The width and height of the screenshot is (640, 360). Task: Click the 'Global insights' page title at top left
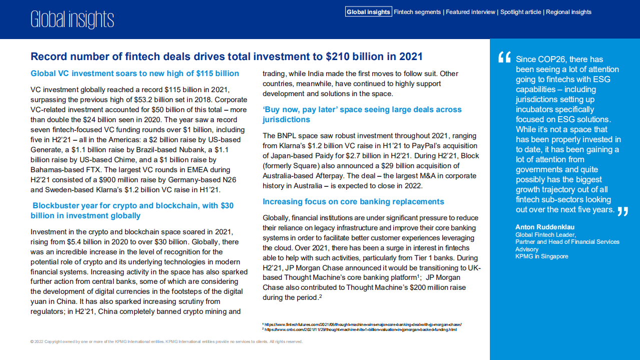(72, 20)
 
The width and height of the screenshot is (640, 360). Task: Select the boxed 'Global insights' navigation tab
(368, 12)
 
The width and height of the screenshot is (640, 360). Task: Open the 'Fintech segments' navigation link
(417, 12)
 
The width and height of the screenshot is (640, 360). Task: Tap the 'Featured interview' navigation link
(470, 12)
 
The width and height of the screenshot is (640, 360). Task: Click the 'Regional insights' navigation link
(568, 12)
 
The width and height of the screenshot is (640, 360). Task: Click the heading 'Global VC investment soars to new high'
(135, 74)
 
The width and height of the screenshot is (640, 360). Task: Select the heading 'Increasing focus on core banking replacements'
(353, 202)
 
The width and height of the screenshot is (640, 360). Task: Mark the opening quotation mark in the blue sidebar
(504, 58)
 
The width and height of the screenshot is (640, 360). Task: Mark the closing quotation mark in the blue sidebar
(622, 211)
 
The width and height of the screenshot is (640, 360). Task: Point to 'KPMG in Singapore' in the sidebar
(542, 256)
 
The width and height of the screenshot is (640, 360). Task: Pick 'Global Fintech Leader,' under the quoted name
(545, 235)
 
